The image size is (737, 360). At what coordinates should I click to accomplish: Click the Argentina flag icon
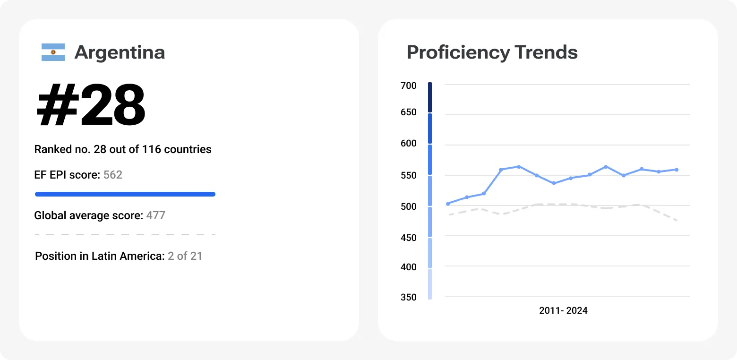[x=53, y=52]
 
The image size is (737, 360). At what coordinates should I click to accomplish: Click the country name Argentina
[x=120, y=52]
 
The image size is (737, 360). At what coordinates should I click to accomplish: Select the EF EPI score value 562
[x=113, y=175]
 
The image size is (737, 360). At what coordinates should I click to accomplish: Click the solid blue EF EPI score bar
[x=125, y=194]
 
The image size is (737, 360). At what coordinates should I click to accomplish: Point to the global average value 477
[x=155, y=215]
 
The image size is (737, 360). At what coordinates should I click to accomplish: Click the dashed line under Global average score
[x=125, y=234]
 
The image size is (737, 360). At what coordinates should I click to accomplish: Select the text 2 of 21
[x=185, y=256]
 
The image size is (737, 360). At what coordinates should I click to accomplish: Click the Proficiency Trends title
[x=492, y=52]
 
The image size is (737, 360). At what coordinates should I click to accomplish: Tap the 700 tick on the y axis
[x=409, y=86]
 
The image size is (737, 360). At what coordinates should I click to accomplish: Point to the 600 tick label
[x=409, y=144]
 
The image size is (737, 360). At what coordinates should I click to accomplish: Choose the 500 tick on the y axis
[x=409, y=206]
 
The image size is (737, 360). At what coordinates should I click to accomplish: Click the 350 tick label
[x=409, y=297]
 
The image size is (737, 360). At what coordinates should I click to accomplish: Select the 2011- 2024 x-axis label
[x=563, y=310]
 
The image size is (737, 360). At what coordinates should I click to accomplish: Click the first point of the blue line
[x=448, y=204]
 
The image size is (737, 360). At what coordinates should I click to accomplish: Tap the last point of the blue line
[x=677, y=170]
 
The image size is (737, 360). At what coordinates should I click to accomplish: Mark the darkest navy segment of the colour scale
[x=430, y=97]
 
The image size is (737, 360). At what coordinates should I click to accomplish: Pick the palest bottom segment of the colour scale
[x=430, y=284]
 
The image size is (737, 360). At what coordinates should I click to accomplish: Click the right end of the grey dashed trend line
[x=677, y=220]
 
